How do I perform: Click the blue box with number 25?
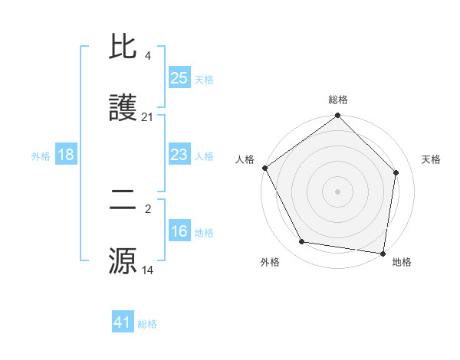click(179, 77)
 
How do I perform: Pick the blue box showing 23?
click(179, 155)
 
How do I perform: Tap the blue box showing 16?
click(179, 231)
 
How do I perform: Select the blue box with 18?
click(66, 155)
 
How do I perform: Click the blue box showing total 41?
click(123, 322)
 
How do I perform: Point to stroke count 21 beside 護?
click(148, 117)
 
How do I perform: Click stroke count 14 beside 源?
click(148, 270)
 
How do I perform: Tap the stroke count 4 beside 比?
click(148, 55)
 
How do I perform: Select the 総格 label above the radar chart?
click(337, 100)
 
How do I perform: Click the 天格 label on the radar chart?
click(432, 159)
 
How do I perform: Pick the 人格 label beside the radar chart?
click(245, 159)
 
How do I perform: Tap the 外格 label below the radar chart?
click(269, 262)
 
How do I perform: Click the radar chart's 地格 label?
click(402, 262)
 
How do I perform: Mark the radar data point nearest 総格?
click(337, 116)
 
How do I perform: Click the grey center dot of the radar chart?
click(337, 191)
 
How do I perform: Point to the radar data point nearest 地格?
click(383, 253)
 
